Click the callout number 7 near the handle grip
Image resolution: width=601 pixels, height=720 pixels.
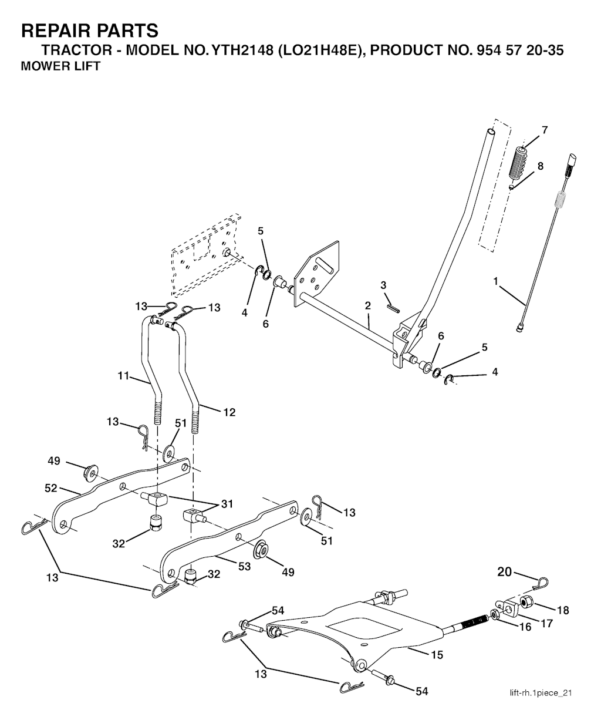[545, 130]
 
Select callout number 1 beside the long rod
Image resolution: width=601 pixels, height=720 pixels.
[496, 282]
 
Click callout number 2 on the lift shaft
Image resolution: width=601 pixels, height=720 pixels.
[368, 306]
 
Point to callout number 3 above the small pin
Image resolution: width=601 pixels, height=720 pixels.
[383, 285]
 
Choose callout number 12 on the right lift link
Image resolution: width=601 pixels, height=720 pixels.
[229, 413]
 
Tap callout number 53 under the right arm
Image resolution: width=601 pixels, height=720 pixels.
[244, 566]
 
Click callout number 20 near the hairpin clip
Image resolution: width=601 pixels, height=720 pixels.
[505, 571]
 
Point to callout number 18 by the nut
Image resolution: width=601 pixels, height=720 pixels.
[563, 610]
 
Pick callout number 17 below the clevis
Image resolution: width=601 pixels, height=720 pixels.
[546, 623]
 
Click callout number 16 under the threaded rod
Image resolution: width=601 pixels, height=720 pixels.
[525, 627]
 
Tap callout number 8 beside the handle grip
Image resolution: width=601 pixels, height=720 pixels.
[540, 166]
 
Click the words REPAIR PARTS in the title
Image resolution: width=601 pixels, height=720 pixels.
[89, 30]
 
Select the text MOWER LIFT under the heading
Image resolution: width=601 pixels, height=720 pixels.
[60, 66]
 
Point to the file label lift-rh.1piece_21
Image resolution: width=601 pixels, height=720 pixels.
[540, 694]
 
